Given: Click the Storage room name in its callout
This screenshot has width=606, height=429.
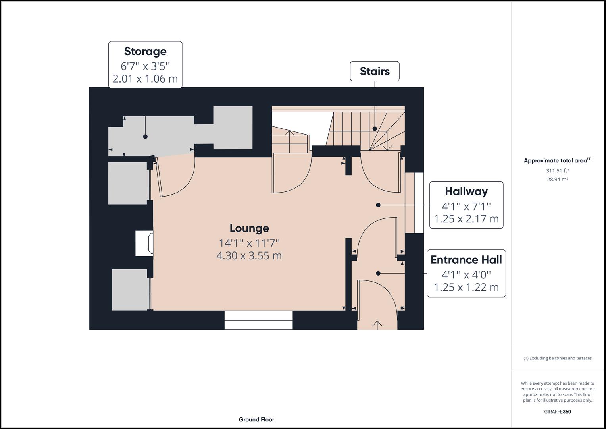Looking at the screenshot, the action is click(x=145, y=52).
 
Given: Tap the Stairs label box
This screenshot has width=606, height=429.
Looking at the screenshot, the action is click(x=375, y=71).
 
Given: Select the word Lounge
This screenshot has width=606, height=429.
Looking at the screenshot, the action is click(x=249, y=228).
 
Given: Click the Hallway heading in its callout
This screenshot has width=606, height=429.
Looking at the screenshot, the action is click(x=466, y=191).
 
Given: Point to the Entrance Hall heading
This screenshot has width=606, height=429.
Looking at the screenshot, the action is click(x=466, y=260).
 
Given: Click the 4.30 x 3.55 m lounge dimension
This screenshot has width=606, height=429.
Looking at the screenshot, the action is click(x=249, y=256).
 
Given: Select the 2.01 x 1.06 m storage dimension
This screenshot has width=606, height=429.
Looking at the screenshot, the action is click(x=145, y=79).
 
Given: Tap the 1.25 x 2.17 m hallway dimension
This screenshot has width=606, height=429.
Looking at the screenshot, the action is click(x=466, y=219).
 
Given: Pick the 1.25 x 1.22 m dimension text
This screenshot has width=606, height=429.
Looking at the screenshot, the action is click(x=466, y=287).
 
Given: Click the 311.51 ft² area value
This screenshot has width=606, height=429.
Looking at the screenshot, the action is click(x=557, y=171).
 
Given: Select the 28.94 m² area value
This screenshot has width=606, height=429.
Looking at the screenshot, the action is click(x=557, y=179).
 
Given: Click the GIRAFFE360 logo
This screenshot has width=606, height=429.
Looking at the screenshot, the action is click(x=558, y=412).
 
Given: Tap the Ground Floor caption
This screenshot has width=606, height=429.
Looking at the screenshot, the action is click(x=256, y=419).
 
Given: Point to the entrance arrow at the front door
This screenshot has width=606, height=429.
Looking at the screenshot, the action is click(x=377, y=325).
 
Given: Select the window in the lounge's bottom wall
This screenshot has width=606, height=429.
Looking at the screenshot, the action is click(x=259, y=321).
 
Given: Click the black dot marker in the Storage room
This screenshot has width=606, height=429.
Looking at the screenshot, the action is click(x=145, y=137).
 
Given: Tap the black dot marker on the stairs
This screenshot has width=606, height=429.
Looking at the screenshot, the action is click(x=375, y=129).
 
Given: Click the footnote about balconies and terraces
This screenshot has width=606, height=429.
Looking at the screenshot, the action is click(x=558, y=358).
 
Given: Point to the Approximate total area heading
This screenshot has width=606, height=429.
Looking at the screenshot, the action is click(x=557, y=160).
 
